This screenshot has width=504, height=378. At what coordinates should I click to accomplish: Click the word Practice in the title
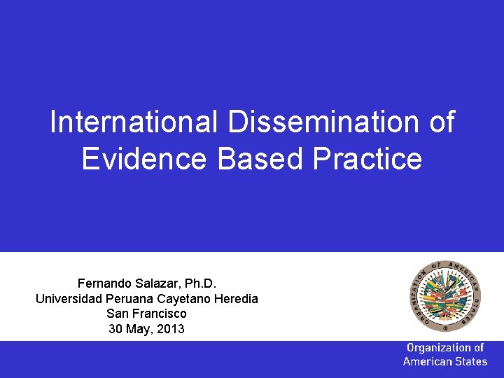coord(367,159)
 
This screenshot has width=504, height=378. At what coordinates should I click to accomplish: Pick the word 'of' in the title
coord(441,123)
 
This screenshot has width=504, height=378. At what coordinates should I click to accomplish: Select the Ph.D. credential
coord(202,283)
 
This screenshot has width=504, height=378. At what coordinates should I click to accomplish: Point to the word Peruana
coord(132,299)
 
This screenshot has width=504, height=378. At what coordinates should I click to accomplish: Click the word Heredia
coord(236,299)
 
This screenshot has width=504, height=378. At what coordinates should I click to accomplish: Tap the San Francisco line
coord(147,314)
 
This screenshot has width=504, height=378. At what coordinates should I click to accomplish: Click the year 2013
coord(171,328)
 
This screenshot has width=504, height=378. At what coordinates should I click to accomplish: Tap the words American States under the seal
coord(445,361)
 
